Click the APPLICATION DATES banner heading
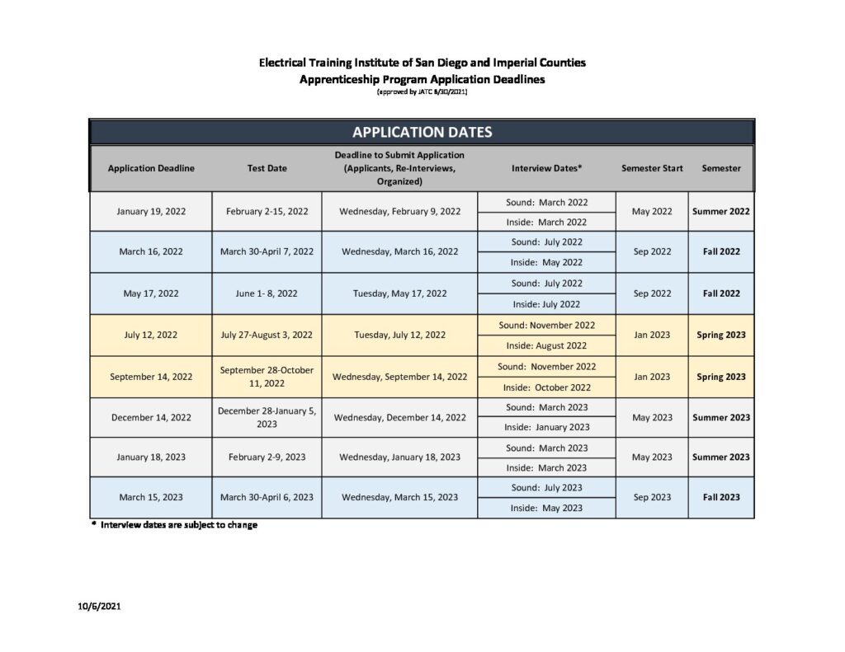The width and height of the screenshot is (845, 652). (422, 132)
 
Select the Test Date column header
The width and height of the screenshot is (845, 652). (267, 168)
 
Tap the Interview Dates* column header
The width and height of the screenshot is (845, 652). (546, 168)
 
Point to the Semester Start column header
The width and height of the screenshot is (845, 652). (652, 168)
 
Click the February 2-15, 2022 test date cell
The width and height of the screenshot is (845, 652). (267, 211)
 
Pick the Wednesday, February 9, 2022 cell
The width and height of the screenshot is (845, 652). (399, 211)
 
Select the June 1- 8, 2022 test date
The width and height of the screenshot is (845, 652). (267, 293)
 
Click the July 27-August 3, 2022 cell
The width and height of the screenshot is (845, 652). (267, 335)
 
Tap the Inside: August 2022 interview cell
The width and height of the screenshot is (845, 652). (546, 345)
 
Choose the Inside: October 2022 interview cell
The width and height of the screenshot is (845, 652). (546, 387)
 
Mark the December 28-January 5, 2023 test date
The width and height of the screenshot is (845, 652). (267, 417)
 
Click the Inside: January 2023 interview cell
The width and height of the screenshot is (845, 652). (546, 427)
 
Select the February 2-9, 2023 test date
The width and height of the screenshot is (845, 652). (267, 457)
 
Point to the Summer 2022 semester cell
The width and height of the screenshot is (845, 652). (721, 211)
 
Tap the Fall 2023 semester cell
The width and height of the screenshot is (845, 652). (721, 497)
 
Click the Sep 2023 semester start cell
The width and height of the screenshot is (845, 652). (652, 497)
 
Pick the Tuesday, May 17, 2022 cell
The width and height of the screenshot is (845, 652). (399, 293)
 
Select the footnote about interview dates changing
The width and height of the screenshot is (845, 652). (174, 525)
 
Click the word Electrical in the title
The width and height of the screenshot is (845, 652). (286, 63)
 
